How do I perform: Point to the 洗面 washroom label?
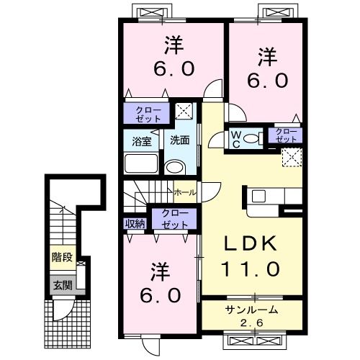[179, 140]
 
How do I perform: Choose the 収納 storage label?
[135, 223]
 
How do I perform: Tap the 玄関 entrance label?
[60, 285]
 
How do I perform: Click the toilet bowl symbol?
[251, 138]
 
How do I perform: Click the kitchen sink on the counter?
[259, 195]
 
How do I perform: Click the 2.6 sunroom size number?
[250, 323]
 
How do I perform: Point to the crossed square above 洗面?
[184, 112]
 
